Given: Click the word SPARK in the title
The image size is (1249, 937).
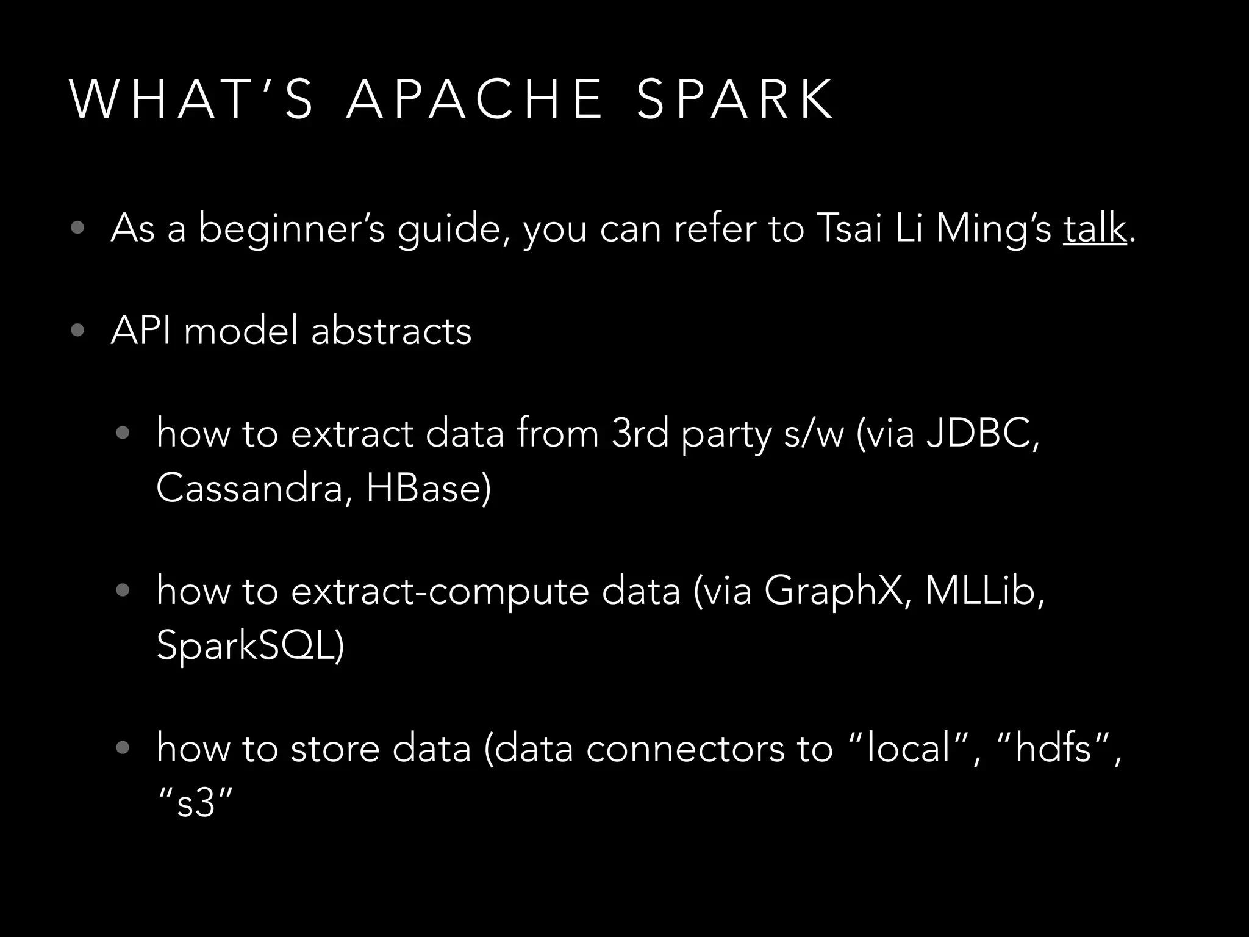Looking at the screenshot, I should [735, 99].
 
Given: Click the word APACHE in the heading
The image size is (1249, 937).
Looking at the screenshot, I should [474, 99].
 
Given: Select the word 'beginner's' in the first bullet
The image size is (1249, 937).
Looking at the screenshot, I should [292, 229].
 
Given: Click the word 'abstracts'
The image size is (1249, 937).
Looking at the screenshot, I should [391, 331].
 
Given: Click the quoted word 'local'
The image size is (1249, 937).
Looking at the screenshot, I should [909, 748].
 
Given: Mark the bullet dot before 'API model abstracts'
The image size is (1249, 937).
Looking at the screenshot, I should [77, 331].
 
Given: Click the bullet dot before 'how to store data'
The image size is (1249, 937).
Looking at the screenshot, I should [123, 748].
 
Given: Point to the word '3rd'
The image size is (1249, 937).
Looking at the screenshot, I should [640, 434].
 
